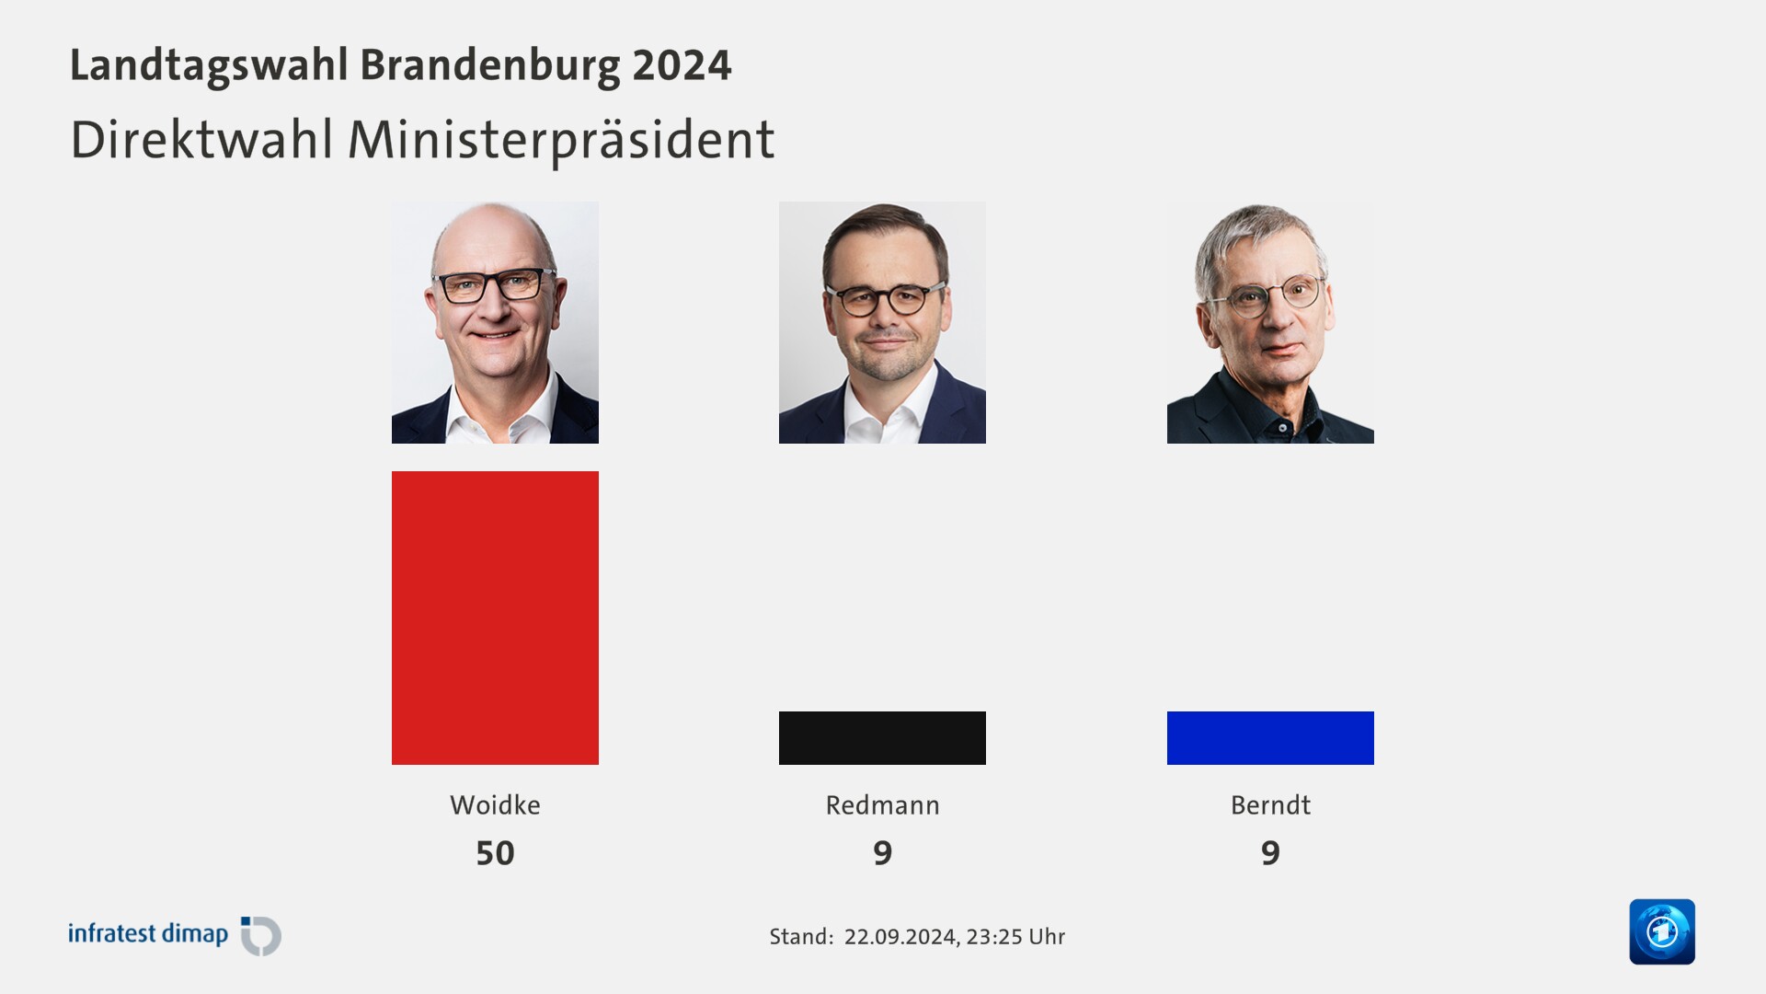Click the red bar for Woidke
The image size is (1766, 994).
pos(495,618)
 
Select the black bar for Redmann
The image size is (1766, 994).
pos(882,737)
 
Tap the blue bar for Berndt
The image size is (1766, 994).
pos(1270,737)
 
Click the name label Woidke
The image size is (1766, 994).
pos(495,805)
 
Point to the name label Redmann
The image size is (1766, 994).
pos(882,805)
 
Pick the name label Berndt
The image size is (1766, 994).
pos(1270,805)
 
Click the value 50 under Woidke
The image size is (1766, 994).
pos(495,853)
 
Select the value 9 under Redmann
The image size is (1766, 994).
pos(882,853)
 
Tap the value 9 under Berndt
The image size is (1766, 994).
pos(1270,853)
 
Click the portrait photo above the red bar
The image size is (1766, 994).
pos(495,322)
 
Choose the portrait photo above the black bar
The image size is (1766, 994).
pos(882,322)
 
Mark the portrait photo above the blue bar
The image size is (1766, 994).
pos(1270,322)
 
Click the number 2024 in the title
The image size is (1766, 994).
pos(682,65)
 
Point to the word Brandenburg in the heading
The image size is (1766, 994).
pos(489,65)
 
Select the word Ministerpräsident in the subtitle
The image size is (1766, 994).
pos(561,140)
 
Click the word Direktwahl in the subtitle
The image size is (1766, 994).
pos(201,140)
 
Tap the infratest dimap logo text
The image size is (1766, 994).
pos(148,934)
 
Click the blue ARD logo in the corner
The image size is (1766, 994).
pos(1662,931)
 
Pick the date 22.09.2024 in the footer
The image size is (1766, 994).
pos(900,937)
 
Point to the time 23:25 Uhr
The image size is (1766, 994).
pos(1015,937)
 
